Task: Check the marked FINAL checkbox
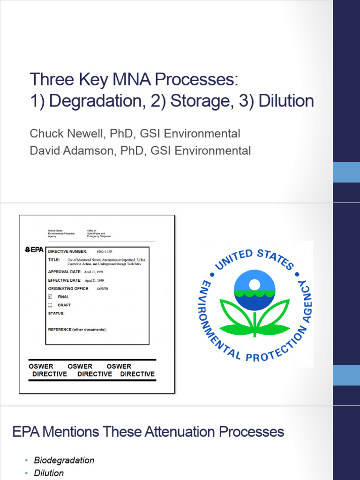[x=50, y=297]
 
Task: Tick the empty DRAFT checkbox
[x=50, y=305]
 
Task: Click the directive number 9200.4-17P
[x=105, y=252]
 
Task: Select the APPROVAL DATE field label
[x=65, y=272]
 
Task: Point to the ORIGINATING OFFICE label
[x=68, y=289]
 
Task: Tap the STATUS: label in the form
[x=56, y=313]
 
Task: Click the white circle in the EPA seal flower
[x=255, y=284]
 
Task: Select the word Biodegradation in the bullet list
[x=64, y=460]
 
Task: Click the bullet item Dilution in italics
[x=49, y=473]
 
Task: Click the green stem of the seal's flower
[x=255, y=323]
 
